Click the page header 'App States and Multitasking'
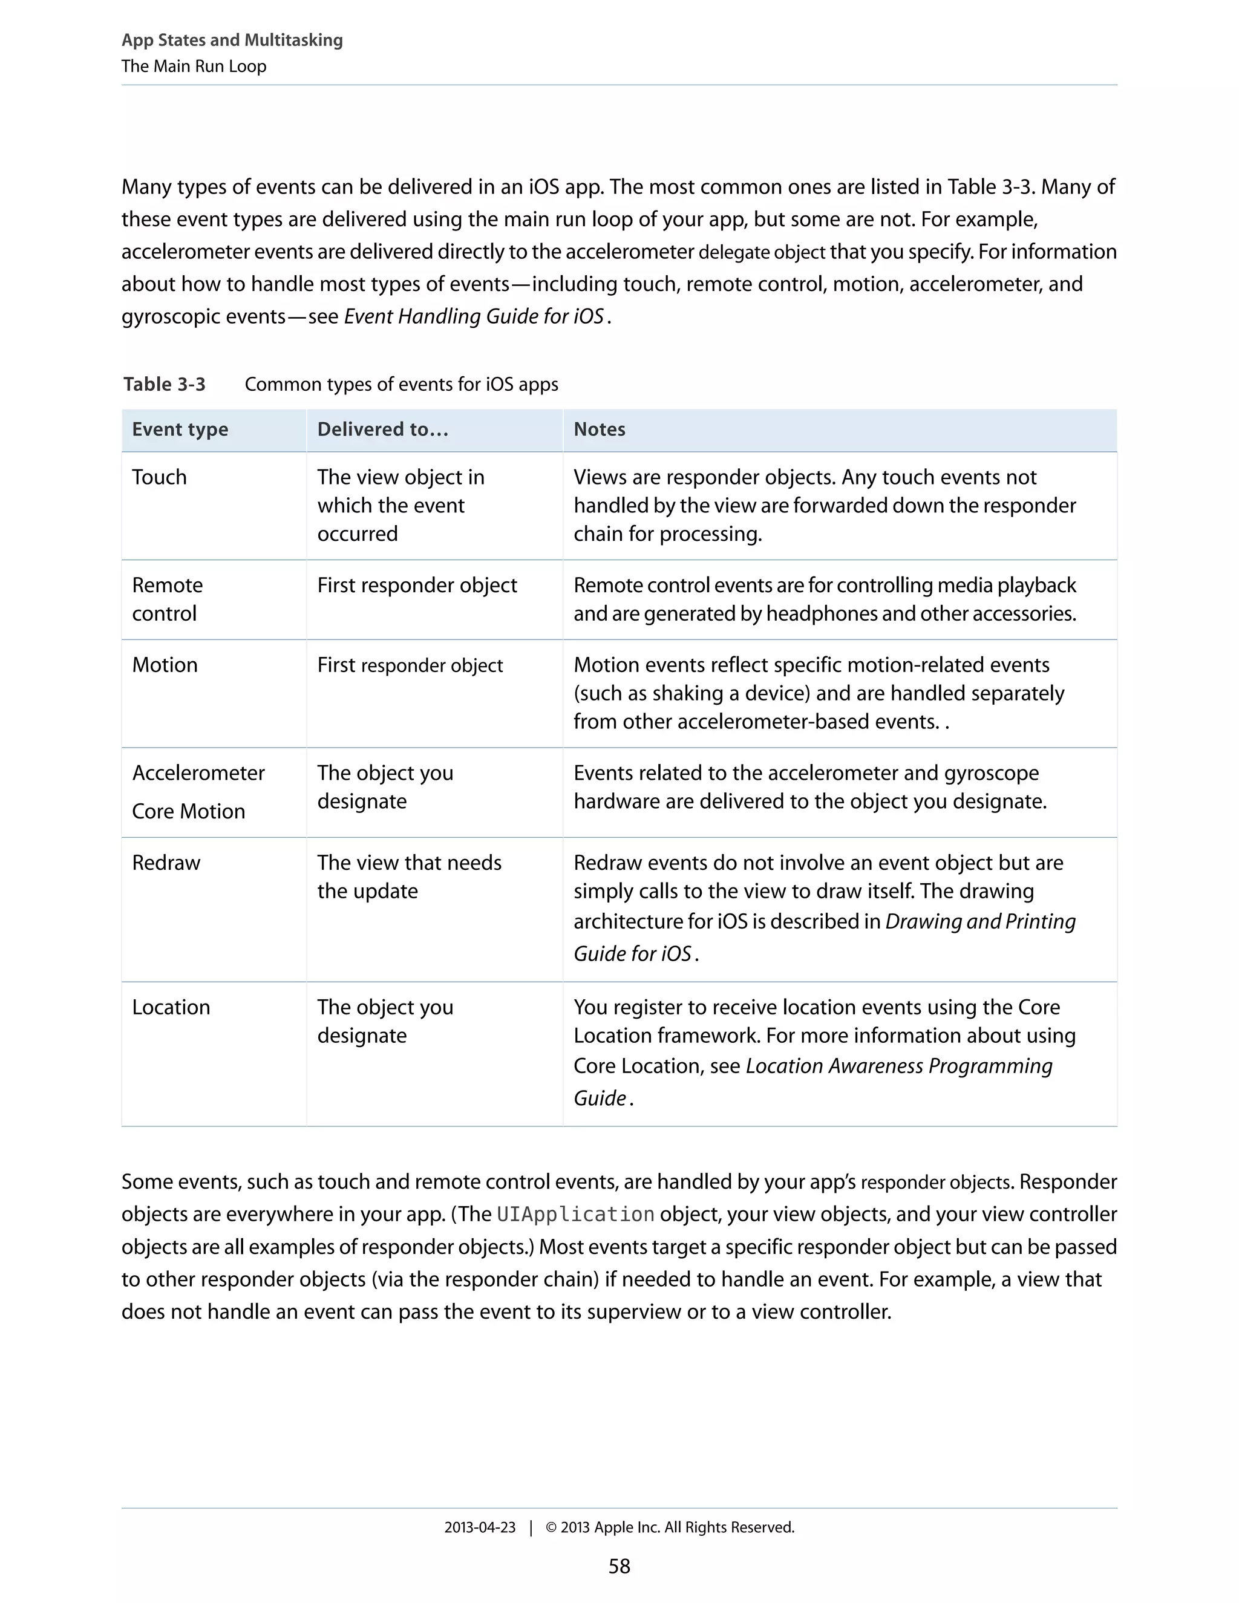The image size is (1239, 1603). pyautogui.click(x=232, y=40)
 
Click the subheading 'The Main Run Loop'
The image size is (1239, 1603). pyautogui.click(x=194, y=66)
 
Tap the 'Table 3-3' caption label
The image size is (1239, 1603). pyautogui.click(x=165, y=384)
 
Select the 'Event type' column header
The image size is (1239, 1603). pyautogui.click(x=180, y=429)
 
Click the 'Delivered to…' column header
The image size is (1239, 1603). pyautogui.click(x=382, y=429)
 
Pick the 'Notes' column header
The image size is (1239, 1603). pyautogui.click(x=599, y=429)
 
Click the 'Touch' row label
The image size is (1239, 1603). pyautogui.click(x=159, y=477)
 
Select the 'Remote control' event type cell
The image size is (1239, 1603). pyautogui.click(x=168, y=599)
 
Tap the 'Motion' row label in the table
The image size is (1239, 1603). pyautogui.click(x=165, y=665)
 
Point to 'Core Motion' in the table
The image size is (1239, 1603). pyautogui.click(x=189, y=811)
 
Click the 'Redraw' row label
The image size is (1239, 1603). pyautogui.click(x=166, y=863)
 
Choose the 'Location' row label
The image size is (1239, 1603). pyautogui.click(x=171, y=1007)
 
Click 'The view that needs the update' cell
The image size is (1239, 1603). pyautogui.click(x=409, y=877)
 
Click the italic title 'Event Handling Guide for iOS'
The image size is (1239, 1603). pyautogui.click(x=474, y=316)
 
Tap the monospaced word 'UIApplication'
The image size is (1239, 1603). pyautogui.click(x=575, y=1214)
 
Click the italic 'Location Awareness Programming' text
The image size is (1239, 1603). pyautogui.click(x=898, y=1066)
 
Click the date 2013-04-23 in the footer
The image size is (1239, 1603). pyautogui.click(x=479, y=1527)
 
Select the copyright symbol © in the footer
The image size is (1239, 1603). pyautogui.click(x=551, y=1527)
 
